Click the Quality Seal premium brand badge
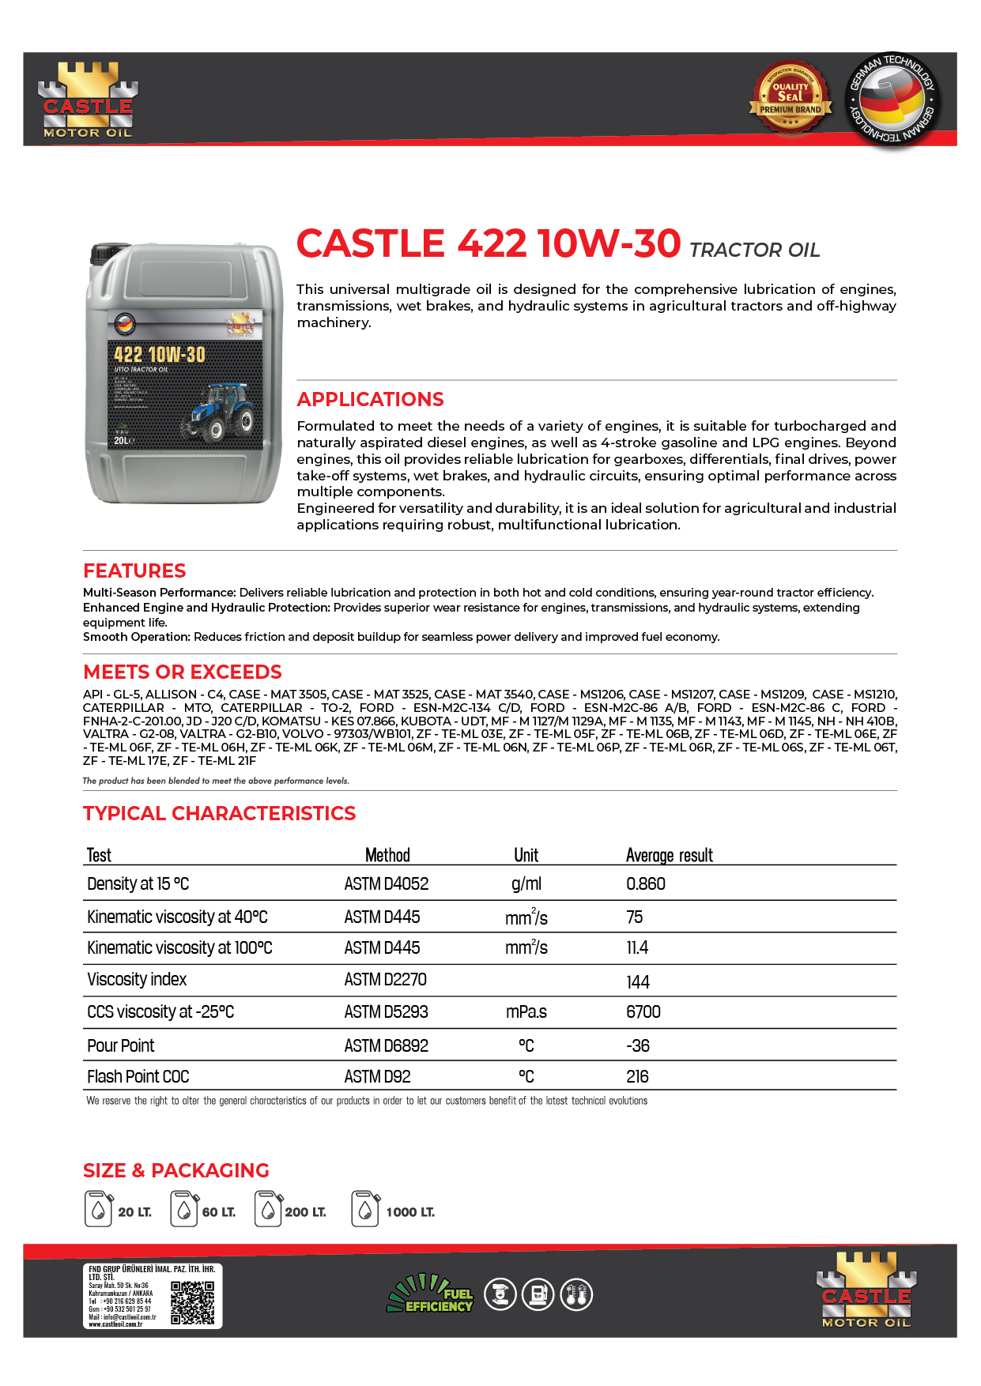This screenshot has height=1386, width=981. point(790,98)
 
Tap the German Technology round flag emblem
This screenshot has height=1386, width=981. point(890,100)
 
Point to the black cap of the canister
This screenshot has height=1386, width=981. point(101,254)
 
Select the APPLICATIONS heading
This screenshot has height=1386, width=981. point(370,399)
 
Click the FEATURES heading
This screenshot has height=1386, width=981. point(134,571)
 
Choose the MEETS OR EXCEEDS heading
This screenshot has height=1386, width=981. point(183,672)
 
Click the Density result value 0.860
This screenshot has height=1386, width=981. point(645,883)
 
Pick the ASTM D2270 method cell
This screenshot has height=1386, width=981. point(385,980)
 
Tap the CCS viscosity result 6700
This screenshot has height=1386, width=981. point(643,1012)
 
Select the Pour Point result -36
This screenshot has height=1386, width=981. point(637,1045)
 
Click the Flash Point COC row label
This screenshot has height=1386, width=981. point(138,1076)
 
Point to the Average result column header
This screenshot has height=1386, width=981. point(669,855)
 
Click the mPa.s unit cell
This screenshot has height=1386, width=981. point(526,1012)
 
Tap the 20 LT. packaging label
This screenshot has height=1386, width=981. point(134,1212)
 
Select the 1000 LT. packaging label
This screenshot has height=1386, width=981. point(409,1212)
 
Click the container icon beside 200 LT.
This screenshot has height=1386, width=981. point(268,1209)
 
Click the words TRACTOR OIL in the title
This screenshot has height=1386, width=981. point(754,250)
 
